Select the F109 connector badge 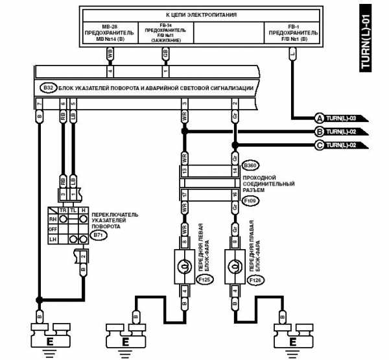coord(250,202)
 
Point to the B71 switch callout coord(99,235)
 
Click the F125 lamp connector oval coord(204,280)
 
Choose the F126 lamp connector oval coord(255,280)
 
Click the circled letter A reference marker coord(319,118)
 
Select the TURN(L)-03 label coord(342,118)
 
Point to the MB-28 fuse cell coord(110,32)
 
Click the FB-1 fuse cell coord(292,32)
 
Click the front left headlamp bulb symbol coord(184,267)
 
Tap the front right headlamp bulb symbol coord(235,267)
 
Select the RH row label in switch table coord(54,219)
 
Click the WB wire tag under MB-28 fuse coord(110,55)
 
